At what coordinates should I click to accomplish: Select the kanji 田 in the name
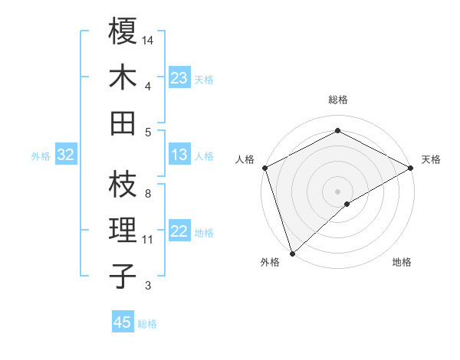pos(123,123)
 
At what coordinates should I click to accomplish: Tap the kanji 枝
pos(123,184)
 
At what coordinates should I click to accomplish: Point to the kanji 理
pos(123,230)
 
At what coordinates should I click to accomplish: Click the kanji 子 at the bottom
pos(123,275)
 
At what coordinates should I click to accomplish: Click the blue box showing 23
pos(179,78)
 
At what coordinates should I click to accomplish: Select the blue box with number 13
pos(179,155)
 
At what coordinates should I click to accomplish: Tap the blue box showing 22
pos(179,232)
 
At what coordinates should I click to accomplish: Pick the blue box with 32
pos(66,155)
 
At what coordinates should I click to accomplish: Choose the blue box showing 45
pos(123,322)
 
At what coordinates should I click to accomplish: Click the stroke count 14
pos(148,39)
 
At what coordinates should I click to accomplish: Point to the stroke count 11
pos(148,240)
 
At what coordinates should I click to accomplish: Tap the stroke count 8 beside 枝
pos(147,194)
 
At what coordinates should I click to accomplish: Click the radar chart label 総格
pos(337,100)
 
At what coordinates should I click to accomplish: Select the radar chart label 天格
pos(431,159)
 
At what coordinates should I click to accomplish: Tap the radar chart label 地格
pos(402,263)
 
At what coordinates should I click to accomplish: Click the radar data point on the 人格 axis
pos(264,168)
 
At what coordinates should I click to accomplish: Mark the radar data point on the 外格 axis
pos(292,253)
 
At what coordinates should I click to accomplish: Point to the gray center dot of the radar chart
pos(337,191)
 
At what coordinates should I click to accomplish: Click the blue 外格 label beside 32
pos(41,156)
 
